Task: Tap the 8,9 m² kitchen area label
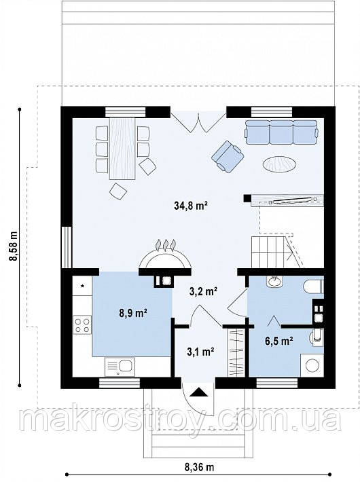(x=132, y=313)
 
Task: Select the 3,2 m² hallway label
(x=203, y=291)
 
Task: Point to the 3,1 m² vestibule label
(x=200, y=351)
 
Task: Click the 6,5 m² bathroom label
(x=278, y=341)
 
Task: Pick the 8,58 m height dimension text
(x=14, y=246)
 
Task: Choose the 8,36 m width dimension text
(x=199, y=467)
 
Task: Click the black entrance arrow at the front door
(x=198, y=392)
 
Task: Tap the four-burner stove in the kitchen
(x=82, y=325)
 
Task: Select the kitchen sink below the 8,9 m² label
(x=120, y=367)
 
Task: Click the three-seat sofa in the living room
(x=281, y=132)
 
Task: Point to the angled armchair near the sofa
(x=228, y=156)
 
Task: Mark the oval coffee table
(x=280, y=164)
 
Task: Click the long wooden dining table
(x=122, y=148)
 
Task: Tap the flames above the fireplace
(x=166, y=245)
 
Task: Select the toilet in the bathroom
(x=313, y=286)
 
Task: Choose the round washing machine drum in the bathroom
(x=312, y=365)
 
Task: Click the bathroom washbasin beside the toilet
(x=274, y=282)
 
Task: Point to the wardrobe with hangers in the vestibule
(x=236, y=352)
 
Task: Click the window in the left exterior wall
(x=67, y=247)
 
